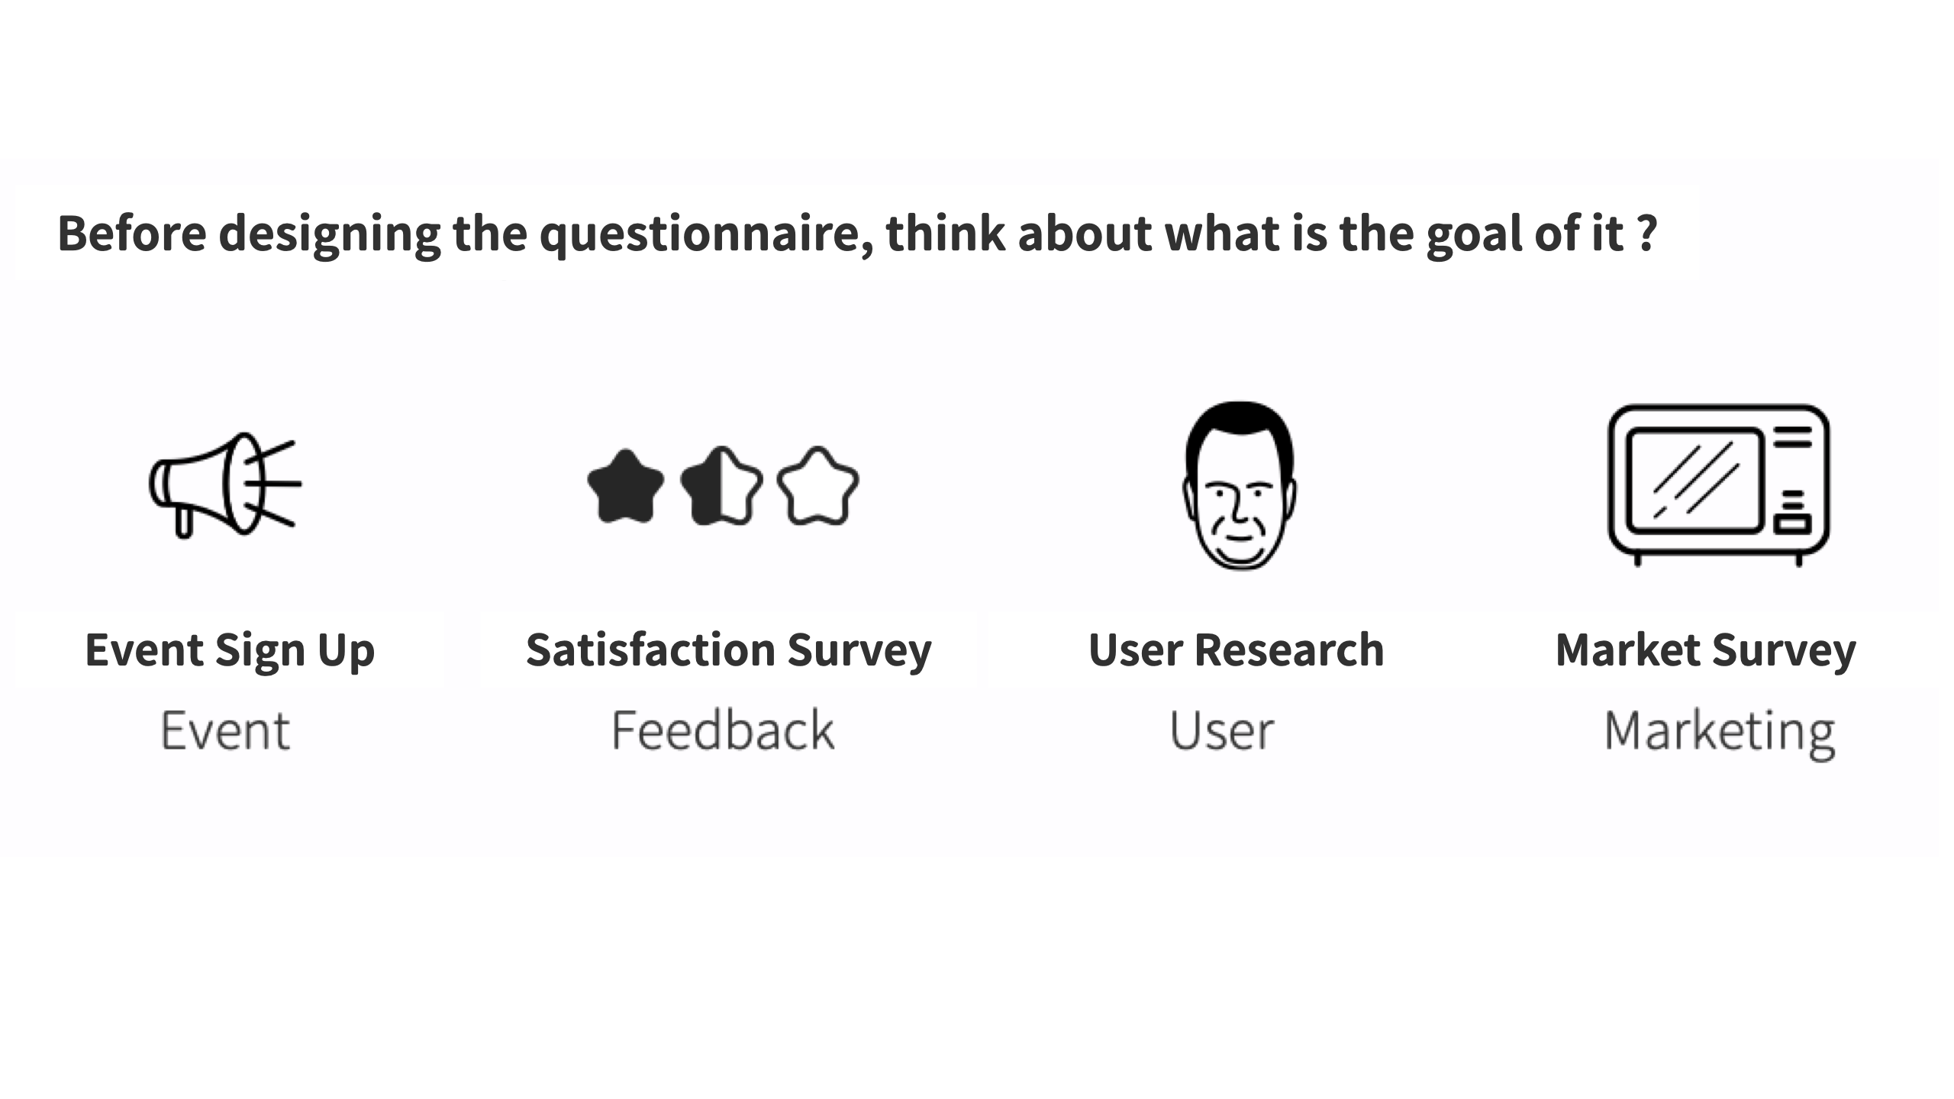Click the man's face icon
[x=1240, y=486]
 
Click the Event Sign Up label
[x=230, y=650]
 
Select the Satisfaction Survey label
[x=728, y=650]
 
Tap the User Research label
[x=1236, y=650]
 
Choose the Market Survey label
[x=1705, y=650]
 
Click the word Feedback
[x=722, y=730]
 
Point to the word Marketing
[x=1719, y=733]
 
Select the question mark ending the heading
[x=1647, y=233]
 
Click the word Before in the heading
[x=131, y=233]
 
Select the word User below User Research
[x=1221, y=731]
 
